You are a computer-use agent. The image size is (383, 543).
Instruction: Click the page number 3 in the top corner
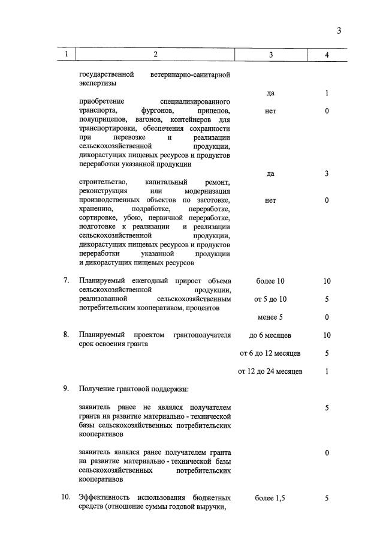pyautogui.click(x=339, y=31)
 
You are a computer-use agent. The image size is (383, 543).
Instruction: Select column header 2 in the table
pyautogui.click(x=155, y=55)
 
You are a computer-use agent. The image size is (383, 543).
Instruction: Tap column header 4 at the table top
pyautogui.click(x=327, y=55)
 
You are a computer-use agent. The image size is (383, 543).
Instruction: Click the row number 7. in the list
pyautogui.click(x=67, y=281)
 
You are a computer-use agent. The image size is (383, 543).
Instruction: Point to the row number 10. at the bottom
pyautogui.click(x=67, y=497)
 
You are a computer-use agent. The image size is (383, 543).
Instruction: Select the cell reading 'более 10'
pyautogui.click(x=270, y=281)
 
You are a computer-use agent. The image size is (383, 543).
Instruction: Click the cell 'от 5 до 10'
pyautogui.click(x=270, y=299)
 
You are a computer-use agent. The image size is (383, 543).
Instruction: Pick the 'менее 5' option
pyautogui.click(x=270, y=317)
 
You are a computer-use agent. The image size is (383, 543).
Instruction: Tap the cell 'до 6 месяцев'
pyautogui.click(x=270, y=335)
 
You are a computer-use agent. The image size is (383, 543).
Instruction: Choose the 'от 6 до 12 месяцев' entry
pyautogui.click(x=270, y=353)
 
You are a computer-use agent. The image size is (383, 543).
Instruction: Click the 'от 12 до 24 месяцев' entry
pyautogui.click(x=270, y=371)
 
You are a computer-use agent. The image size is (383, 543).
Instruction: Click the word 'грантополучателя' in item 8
pyautogui.click(x=202, y=335)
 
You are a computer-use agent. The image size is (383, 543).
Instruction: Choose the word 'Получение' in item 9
pyautogui.click(x=97, y=389)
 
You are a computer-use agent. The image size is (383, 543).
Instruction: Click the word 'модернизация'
pyautogui.click(x=205, y=191)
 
